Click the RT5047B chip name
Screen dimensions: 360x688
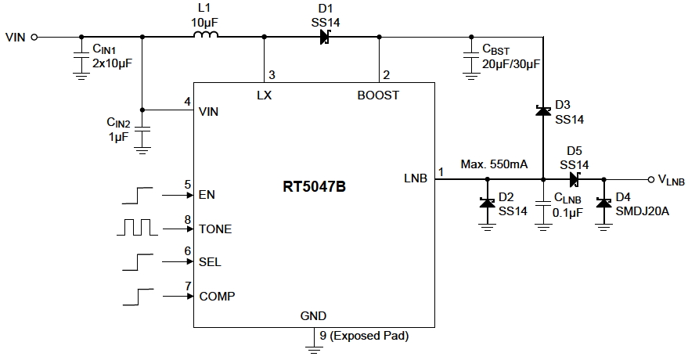coord(314,188)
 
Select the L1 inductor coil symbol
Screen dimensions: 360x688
coord(205,35)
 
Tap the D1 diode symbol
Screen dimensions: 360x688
coord(324,36)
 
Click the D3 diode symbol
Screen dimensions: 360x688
coord(541,111)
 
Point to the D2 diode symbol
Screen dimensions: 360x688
coord(486,203)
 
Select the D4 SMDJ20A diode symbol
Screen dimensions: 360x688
coord(603,203)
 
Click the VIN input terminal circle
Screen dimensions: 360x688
coord(34,36)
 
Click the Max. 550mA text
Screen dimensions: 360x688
coord(494,165)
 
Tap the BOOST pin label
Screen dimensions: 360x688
coord(378,95)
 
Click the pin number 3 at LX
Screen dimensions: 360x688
coord(272,75)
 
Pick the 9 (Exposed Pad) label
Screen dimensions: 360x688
coord(360,337)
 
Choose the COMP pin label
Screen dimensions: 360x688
coord(218,296)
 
